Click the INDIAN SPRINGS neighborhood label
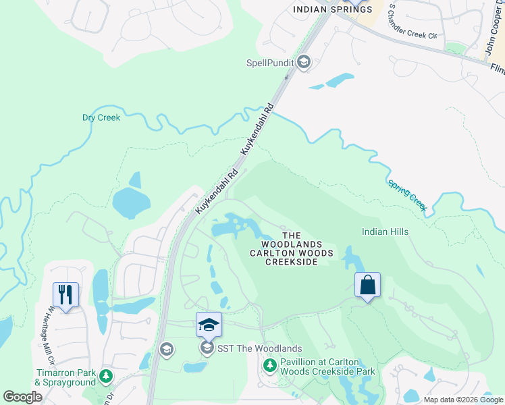pos(323,9)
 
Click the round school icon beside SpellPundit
pos(304,63)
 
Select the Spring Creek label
pos(407,195)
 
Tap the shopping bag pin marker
pos(367,286)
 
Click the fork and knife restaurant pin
pos(65,295)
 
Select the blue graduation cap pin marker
pos(209,325)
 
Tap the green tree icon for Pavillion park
pos(270,366)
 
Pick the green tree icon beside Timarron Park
pos(105,376)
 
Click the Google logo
pos(22,397)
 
